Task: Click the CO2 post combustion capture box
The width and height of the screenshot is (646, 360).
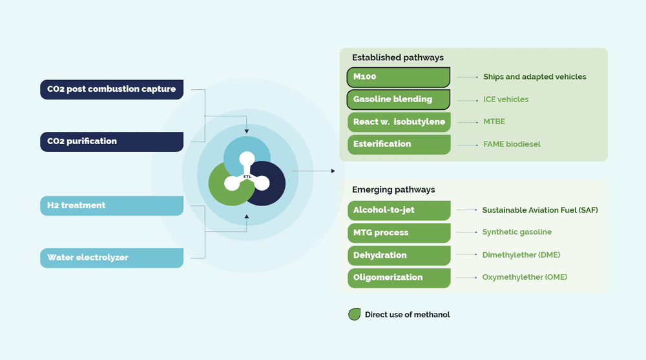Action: click(111, 89)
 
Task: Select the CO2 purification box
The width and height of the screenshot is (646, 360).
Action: click(111, 142)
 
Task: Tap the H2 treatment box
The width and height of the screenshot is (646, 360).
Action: click(111, 206)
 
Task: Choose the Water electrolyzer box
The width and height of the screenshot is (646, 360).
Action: click(111, 258)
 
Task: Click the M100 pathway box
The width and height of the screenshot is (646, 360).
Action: click(399, 77)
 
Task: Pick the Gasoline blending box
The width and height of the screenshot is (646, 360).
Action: click(399, 100)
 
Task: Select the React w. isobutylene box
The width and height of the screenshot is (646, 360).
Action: click(399, 122)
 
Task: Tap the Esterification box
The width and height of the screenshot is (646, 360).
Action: click(399, 144)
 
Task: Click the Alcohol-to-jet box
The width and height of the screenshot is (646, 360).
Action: click(399, 210)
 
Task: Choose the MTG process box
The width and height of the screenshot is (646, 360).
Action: click(399, 233)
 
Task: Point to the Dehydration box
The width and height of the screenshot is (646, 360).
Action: click(399, 255)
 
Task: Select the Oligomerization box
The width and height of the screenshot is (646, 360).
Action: click(399, 278)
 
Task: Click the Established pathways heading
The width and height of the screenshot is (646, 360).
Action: click(397, 58)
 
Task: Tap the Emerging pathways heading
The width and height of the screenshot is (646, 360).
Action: click(393, 190)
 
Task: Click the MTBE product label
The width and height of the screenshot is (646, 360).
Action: click(494, 122)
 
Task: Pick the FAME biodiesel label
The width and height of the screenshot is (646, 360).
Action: click(512, 144)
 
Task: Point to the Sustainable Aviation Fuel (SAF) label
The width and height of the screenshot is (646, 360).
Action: click(539, 210)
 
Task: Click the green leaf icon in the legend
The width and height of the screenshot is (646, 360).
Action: click(354, 315)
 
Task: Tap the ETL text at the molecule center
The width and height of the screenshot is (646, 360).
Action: click(247, 176)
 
